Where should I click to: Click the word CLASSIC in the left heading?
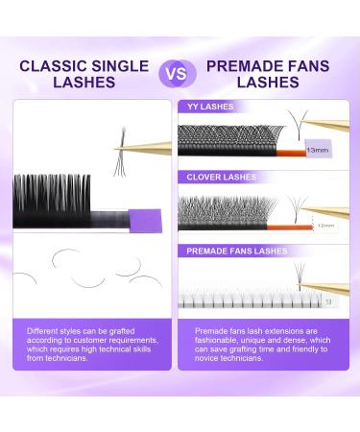click(x=51, y=65)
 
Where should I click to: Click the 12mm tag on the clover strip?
click(x=300, y=227)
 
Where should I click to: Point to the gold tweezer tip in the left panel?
click(x=120, y=148)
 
